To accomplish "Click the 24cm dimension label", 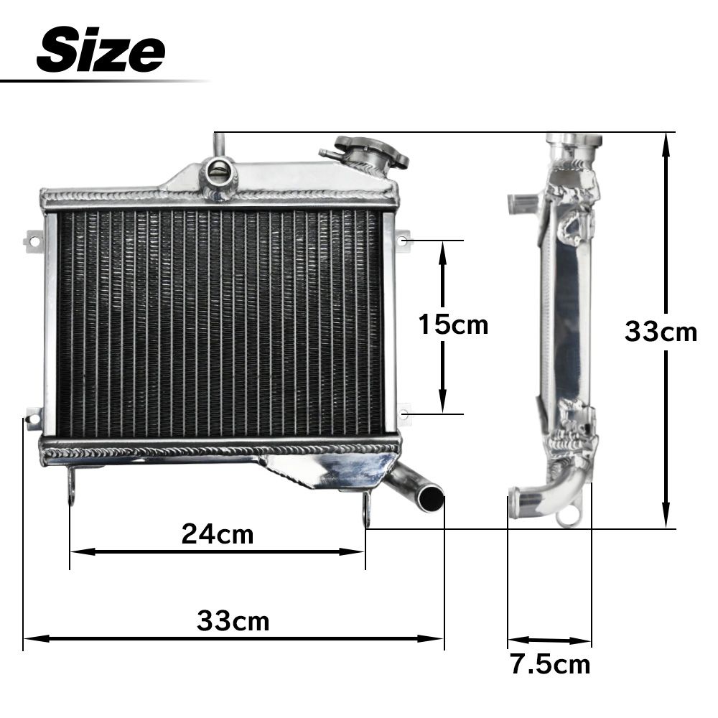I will [218, 534].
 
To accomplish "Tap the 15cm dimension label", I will [453, 325].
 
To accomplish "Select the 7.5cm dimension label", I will [550, 664].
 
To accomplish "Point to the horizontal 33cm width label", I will [233, 621].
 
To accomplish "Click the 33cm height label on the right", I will [661, 332].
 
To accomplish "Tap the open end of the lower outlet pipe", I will [432, 497].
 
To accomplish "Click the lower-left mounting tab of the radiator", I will [32, 417].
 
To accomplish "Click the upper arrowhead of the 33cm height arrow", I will [666, 144].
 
